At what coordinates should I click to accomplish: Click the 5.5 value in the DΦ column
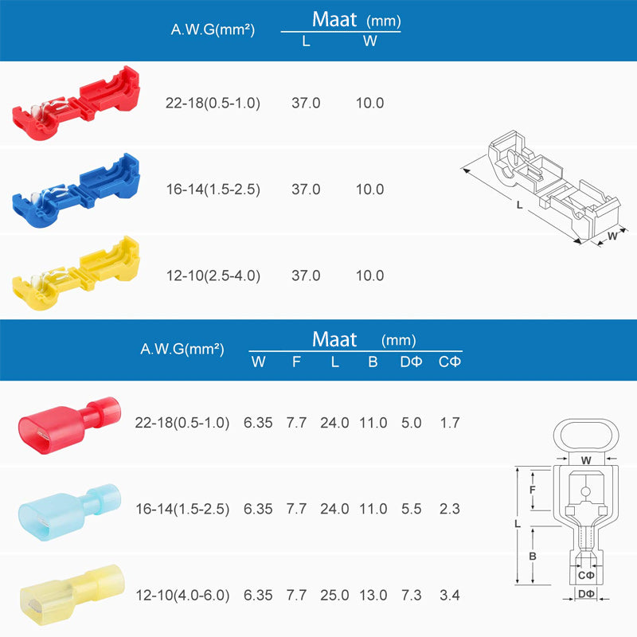point(412,509)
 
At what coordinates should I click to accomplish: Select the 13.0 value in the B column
point(373,595)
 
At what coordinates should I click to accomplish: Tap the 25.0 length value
point(334,595)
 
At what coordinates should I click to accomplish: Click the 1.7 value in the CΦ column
point(450,423)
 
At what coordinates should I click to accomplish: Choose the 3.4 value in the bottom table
point(450,595)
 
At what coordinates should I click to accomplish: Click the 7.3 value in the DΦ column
point(412,595)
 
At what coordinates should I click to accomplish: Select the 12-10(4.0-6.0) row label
point(182,595)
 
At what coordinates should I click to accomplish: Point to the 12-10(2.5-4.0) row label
point(213,276)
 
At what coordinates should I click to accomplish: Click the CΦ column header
point(450,362)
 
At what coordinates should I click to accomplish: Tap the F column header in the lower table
point(296,362)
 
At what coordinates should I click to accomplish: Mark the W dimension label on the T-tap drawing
point(612,236)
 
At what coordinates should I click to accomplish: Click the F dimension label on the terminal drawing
point(531,490)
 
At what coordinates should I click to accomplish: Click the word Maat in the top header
point(334,19)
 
